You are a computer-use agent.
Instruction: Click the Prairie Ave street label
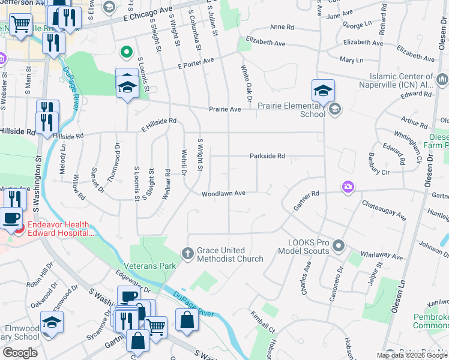pos(224,109)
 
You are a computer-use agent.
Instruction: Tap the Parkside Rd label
pos(267,156)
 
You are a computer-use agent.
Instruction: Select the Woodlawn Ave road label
pos(223,194)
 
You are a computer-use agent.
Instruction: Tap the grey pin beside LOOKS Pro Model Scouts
pos(339,245)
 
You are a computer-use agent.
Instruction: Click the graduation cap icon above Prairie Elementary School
pos(323,91)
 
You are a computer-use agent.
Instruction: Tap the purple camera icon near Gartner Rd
pos(348,188)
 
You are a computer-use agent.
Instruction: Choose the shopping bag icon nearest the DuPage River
pos(187,320)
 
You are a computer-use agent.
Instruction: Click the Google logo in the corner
pos(20,353)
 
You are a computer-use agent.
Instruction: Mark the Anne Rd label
pos(282,28)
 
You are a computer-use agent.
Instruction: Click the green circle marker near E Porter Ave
pos(127,52)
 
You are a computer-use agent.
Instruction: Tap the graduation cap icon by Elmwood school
pos(52,323)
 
